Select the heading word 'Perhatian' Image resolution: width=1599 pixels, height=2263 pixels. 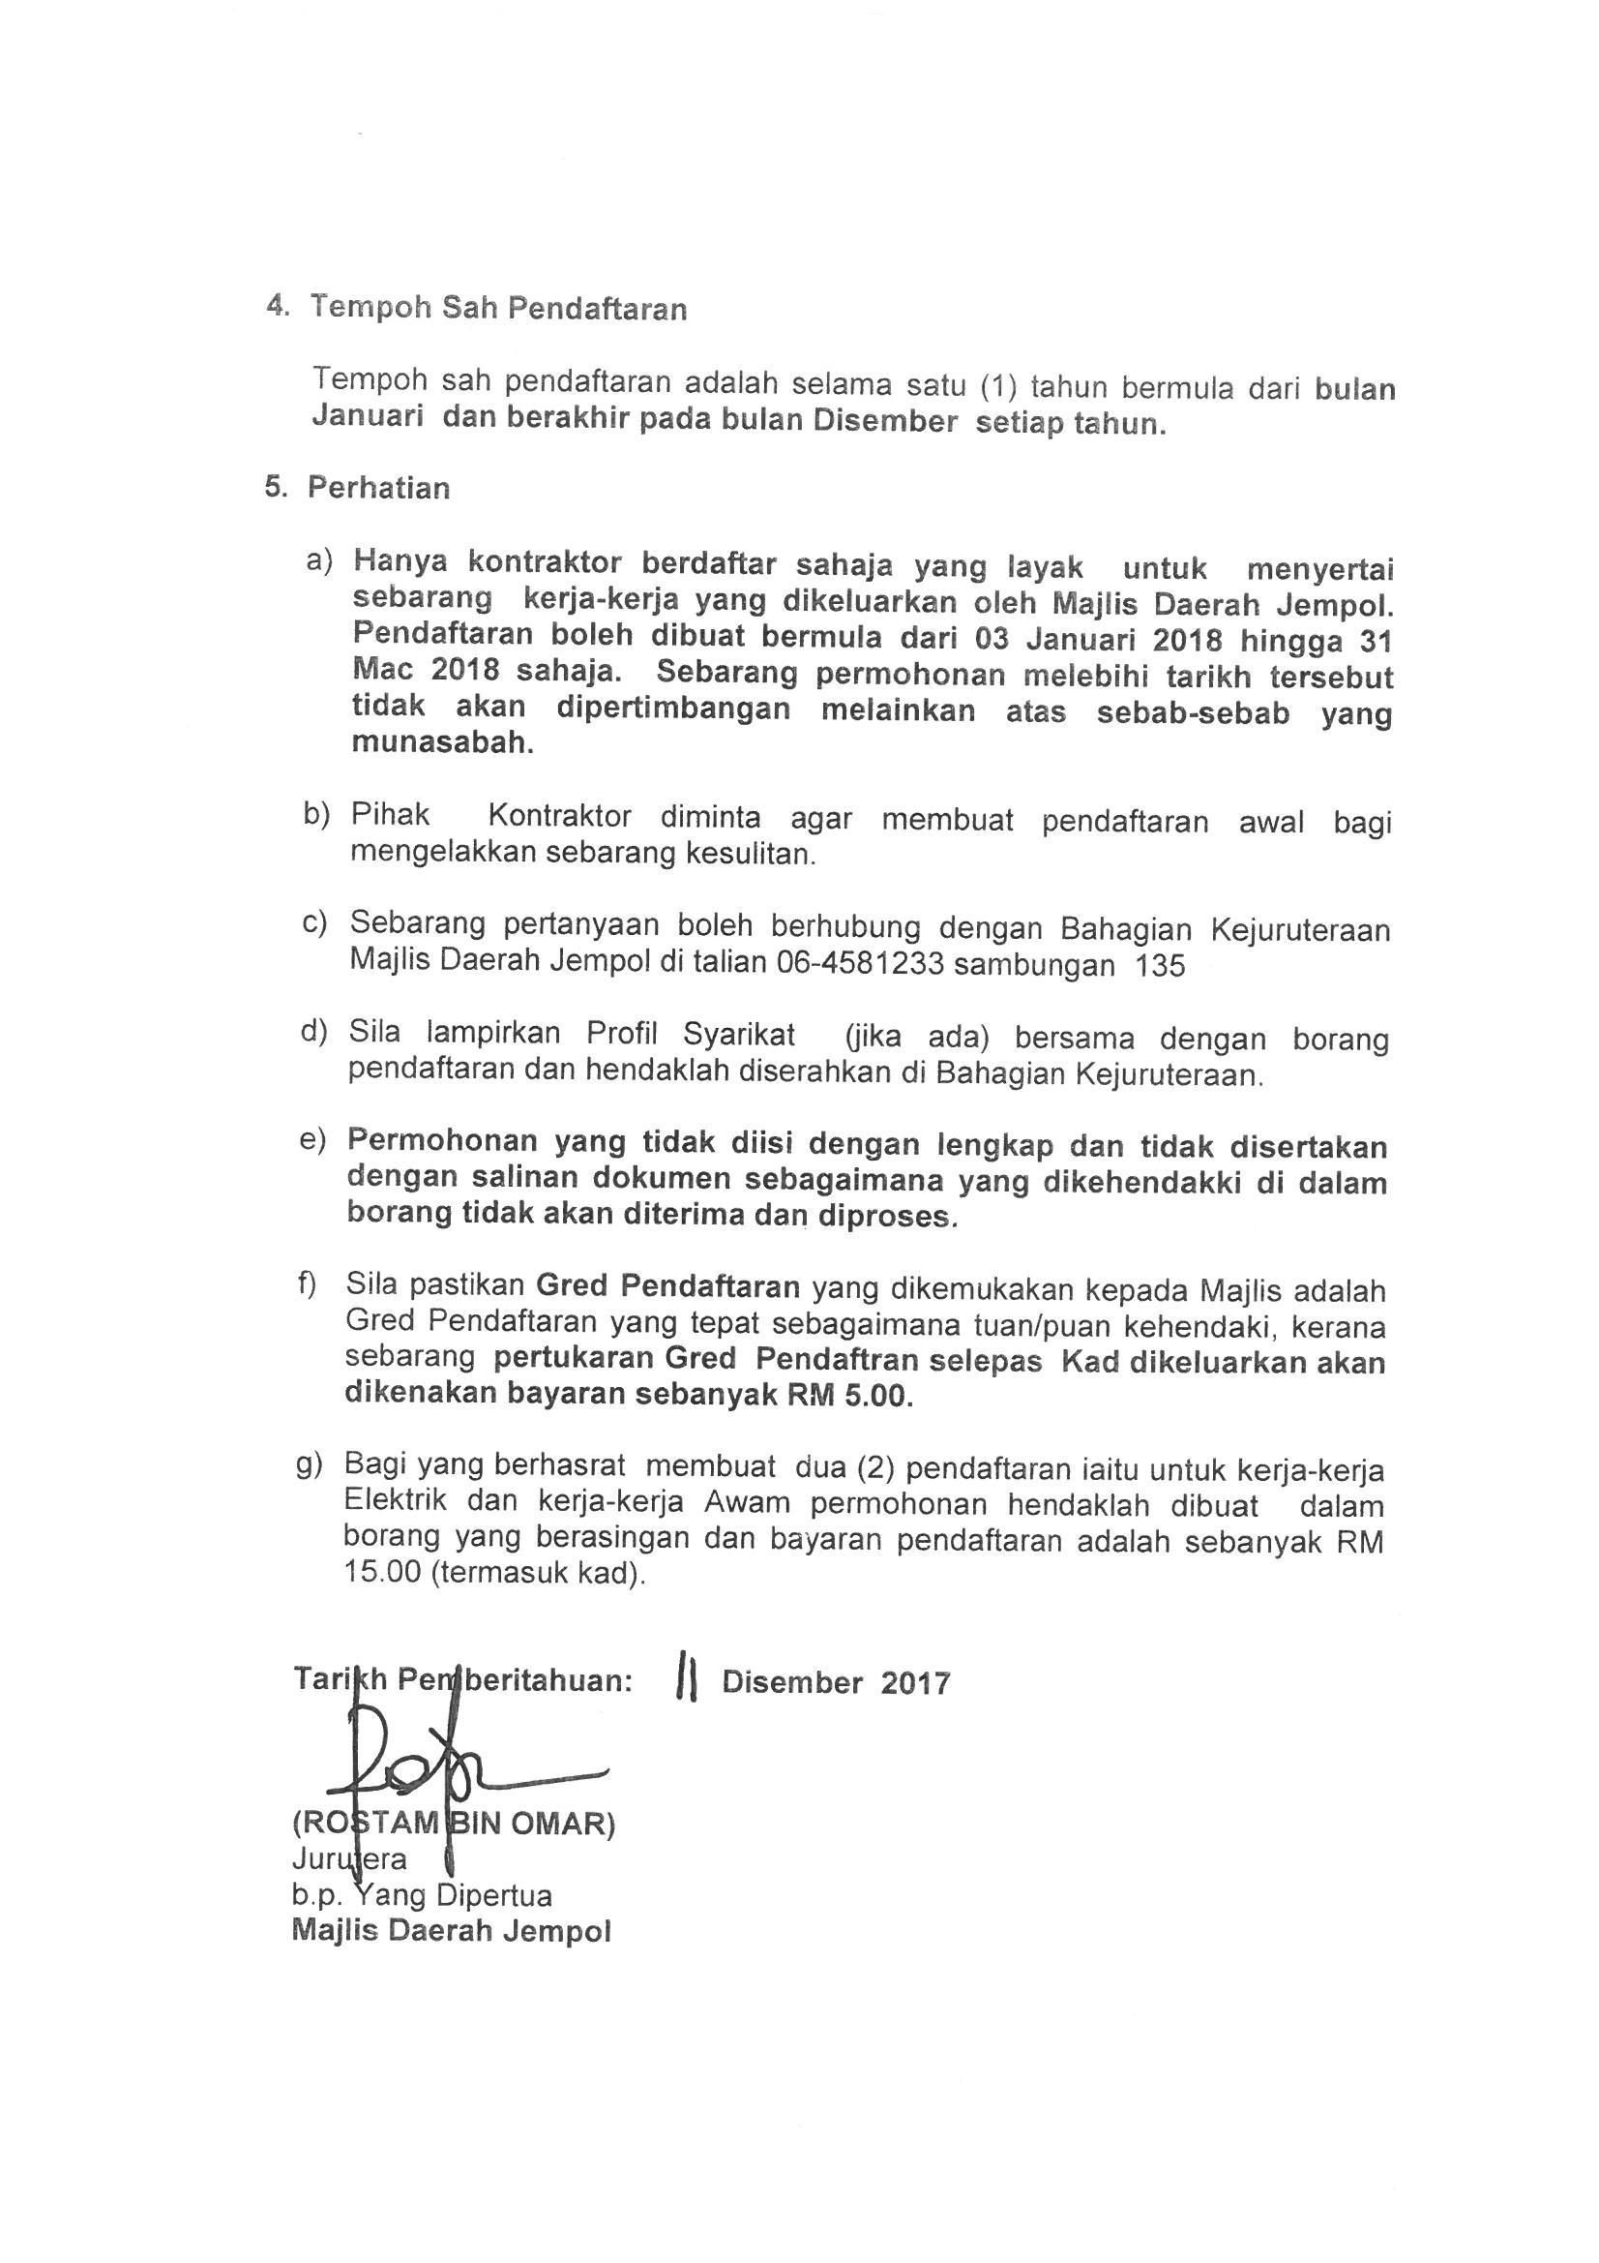(378, 488)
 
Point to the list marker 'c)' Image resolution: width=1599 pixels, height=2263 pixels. (314, 923)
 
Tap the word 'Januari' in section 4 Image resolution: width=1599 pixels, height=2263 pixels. (368, 418)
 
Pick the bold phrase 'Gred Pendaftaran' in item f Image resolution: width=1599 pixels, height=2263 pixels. (667, 1286)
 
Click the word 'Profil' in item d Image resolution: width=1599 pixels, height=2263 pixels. (625, 1032)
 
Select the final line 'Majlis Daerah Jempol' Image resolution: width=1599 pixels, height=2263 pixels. (451, 1931)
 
